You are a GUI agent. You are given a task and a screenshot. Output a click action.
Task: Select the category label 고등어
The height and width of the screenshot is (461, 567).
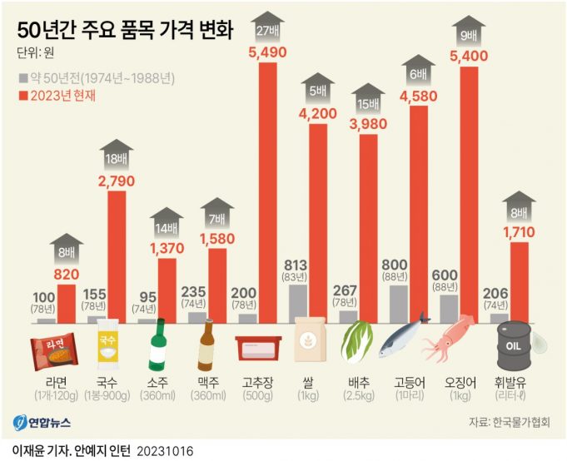tap(410, 383)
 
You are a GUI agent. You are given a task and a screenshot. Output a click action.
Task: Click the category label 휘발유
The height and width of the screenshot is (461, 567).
tap(510, 383)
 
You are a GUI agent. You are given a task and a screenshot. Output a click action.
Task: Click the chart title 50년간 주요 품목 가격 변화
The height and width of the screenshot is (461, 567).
tap(125, 31)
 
